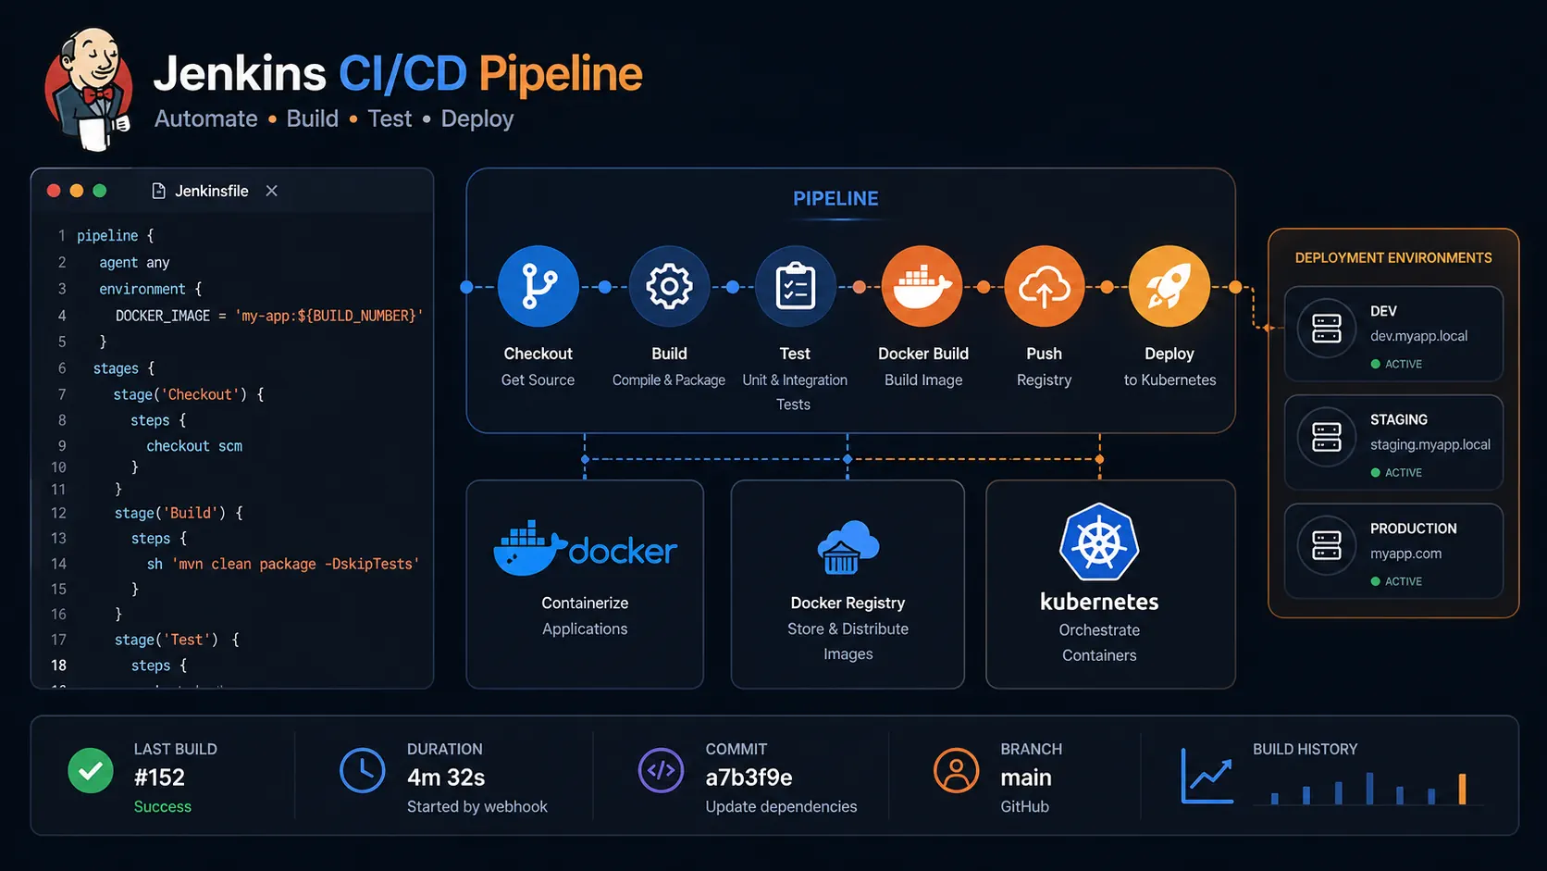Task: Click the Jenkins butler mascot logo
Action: click(x=89, y=89)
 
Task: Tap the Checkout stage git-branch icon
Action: click(x=538, y=286)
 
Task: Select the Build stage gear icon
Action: click(x=669, y=286)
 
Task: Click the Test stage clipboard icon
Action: click(x=795, y=286)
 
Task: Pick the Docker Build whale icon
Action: click(x=922, y=286)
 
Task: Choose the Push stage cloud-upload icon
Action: click(x=1044, y=287)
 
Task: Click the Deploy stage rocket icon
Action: click(x=1169, y=286)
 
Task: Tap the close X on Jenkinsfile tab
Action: click(x=271, y=191)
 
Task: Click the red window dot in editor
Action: click(x=54, y=191)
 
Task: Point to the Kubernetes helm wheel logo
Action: click(x=1099, y=542)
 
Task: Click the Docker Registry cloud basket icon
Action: click(x=848, y=547)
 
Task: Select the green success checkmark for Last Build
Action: click(x=91, y=771)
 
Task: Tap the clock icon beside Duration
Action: click(x=362, y=771)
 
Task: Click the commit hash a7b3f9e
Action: click(x=749, y=778)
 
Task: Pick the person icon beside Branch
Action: click(x=956, y=771)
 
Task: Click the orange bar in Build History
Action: click(x=1462, y=789)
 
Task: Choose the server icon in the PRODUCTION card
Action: click(x=1326, y=546)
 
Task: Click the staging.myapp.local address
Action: click(x=1429, y=444)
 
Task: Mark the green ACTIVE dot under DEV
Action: click(x=1375, y=364)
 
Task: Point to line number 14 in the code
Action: click(x=58, y=564)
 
